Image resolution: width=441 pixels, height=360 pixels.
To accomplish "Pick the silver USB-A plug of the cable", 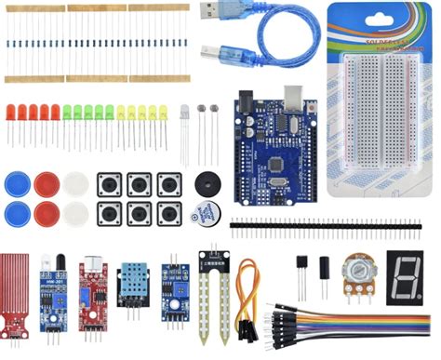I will (x=216, y=11).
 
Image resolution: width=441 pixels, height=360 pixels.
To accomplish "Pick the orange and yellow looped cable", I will (x=247, y=298).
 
